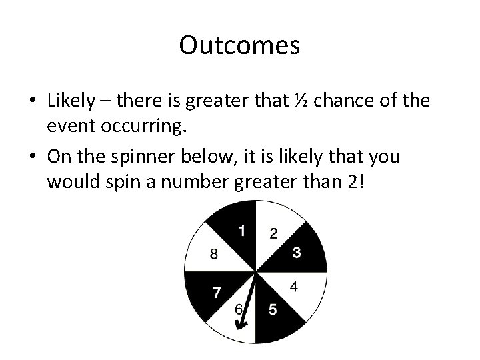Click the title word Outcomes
tap(239, 46)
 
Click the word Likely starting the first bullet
tap(70, 102)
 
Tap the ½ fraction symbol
tap(299, 102)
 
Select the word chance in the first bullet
tap(343, 102)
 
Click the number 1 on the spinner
tap(242, 231)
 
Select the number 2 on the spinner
tap(273, 233)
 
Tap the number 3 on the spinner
tap(296, 252)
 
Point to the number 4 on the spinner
tap(294, 287)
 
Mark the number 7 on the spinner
tap(217, 291)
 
